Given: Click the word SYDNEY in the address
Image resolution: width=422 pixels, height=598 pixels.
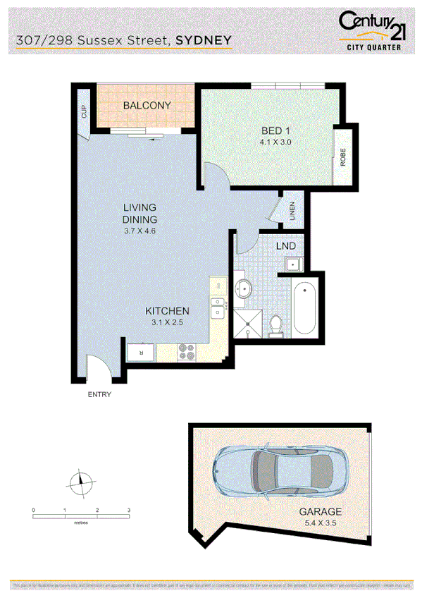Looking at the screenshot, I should coord(204,42).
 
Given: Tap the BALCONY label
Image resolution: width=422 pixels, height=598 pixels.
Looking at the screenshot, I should coord(147,106).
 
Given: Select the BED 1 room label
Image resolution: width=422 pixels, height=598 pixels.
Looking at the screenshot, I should coord(276,130).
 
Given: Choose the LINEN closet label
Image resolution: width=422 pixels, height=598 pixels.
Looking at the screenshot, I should coord(292,212).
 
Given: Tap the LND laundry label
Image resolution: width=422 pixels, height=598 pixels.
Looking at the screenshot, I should coord(285,246).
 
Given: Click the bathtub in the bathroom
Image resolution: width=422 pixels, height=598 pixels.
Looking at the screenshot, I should coord(306,307).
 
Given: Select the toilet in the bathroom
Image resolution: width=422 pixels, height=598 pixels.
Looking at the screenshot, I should coord(277,325).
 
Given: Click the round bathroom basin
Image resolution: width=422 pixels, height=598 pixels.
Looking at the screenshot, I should coord(244,288).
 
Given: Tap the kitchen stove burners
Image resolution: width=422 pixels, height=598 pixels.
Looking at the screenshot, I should coord(187,352).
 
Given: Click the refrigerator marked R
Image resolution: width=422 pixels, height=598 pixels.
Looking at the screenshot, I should coord(141,351).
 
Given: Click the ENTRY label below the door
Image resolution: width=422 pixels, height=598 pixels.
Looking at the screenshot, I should coord(99,395).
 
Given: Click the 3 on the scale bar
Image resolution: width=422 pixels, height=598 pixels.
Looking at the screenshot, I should coord(129,509).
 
